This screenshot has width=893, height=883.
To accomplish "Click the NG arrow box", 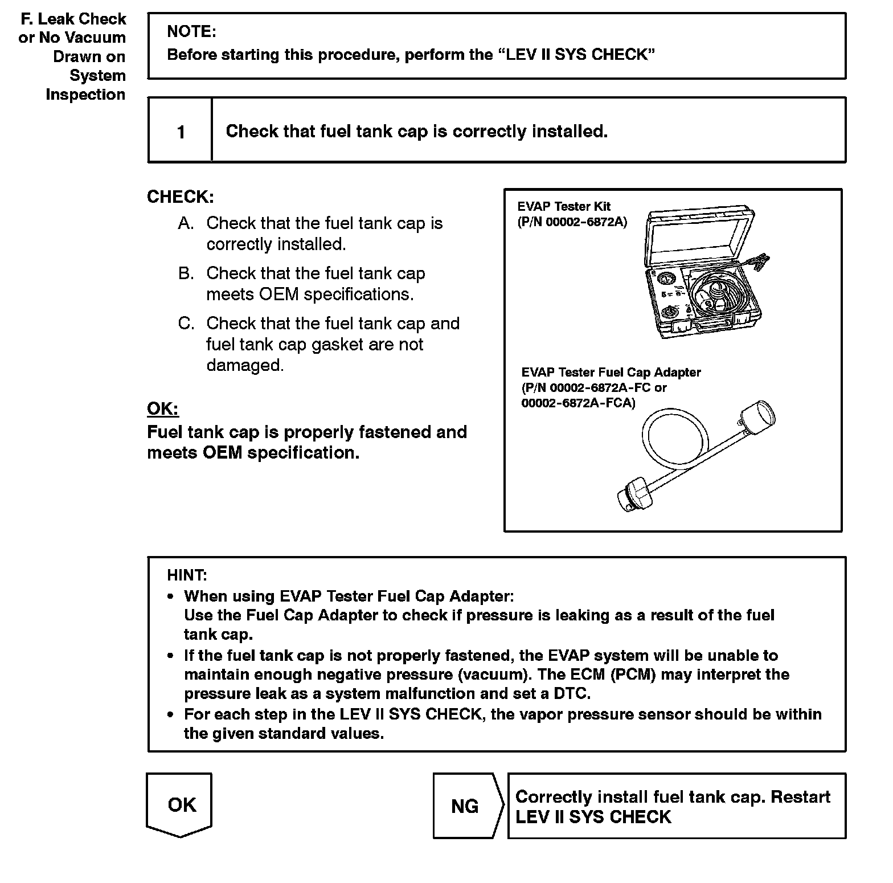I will tap(465, 806).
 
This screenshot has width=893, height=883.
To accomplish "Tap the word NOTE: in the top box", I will tap(191, 32).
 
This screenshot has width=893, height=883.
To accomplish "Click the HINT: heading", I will tap(187, 575).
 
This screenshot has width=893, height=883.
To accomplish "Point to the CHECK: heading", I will tap(181, 197).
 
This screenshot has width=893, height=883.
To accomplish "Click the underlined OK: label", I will tap(162, 409).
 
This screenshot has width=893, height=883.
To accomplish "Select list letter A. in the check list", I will tap(186, 223).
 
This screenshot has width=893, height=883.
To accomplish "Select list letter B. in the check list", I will tap(186, 273).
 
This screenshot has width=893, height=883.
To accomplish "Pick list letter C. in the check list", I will tap(186, 324).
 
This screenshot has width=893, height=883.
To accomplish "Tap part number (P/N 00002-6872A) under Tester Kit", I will tap(572, 222).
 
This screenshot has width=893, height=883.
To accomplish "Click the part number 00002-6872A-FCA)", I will tap(578, 403).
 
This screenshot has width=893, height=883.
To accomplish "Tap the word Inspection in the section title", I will tap(85, 95).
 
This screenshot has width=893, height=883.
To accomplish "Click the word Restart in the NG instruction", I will tap(800, 797).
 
